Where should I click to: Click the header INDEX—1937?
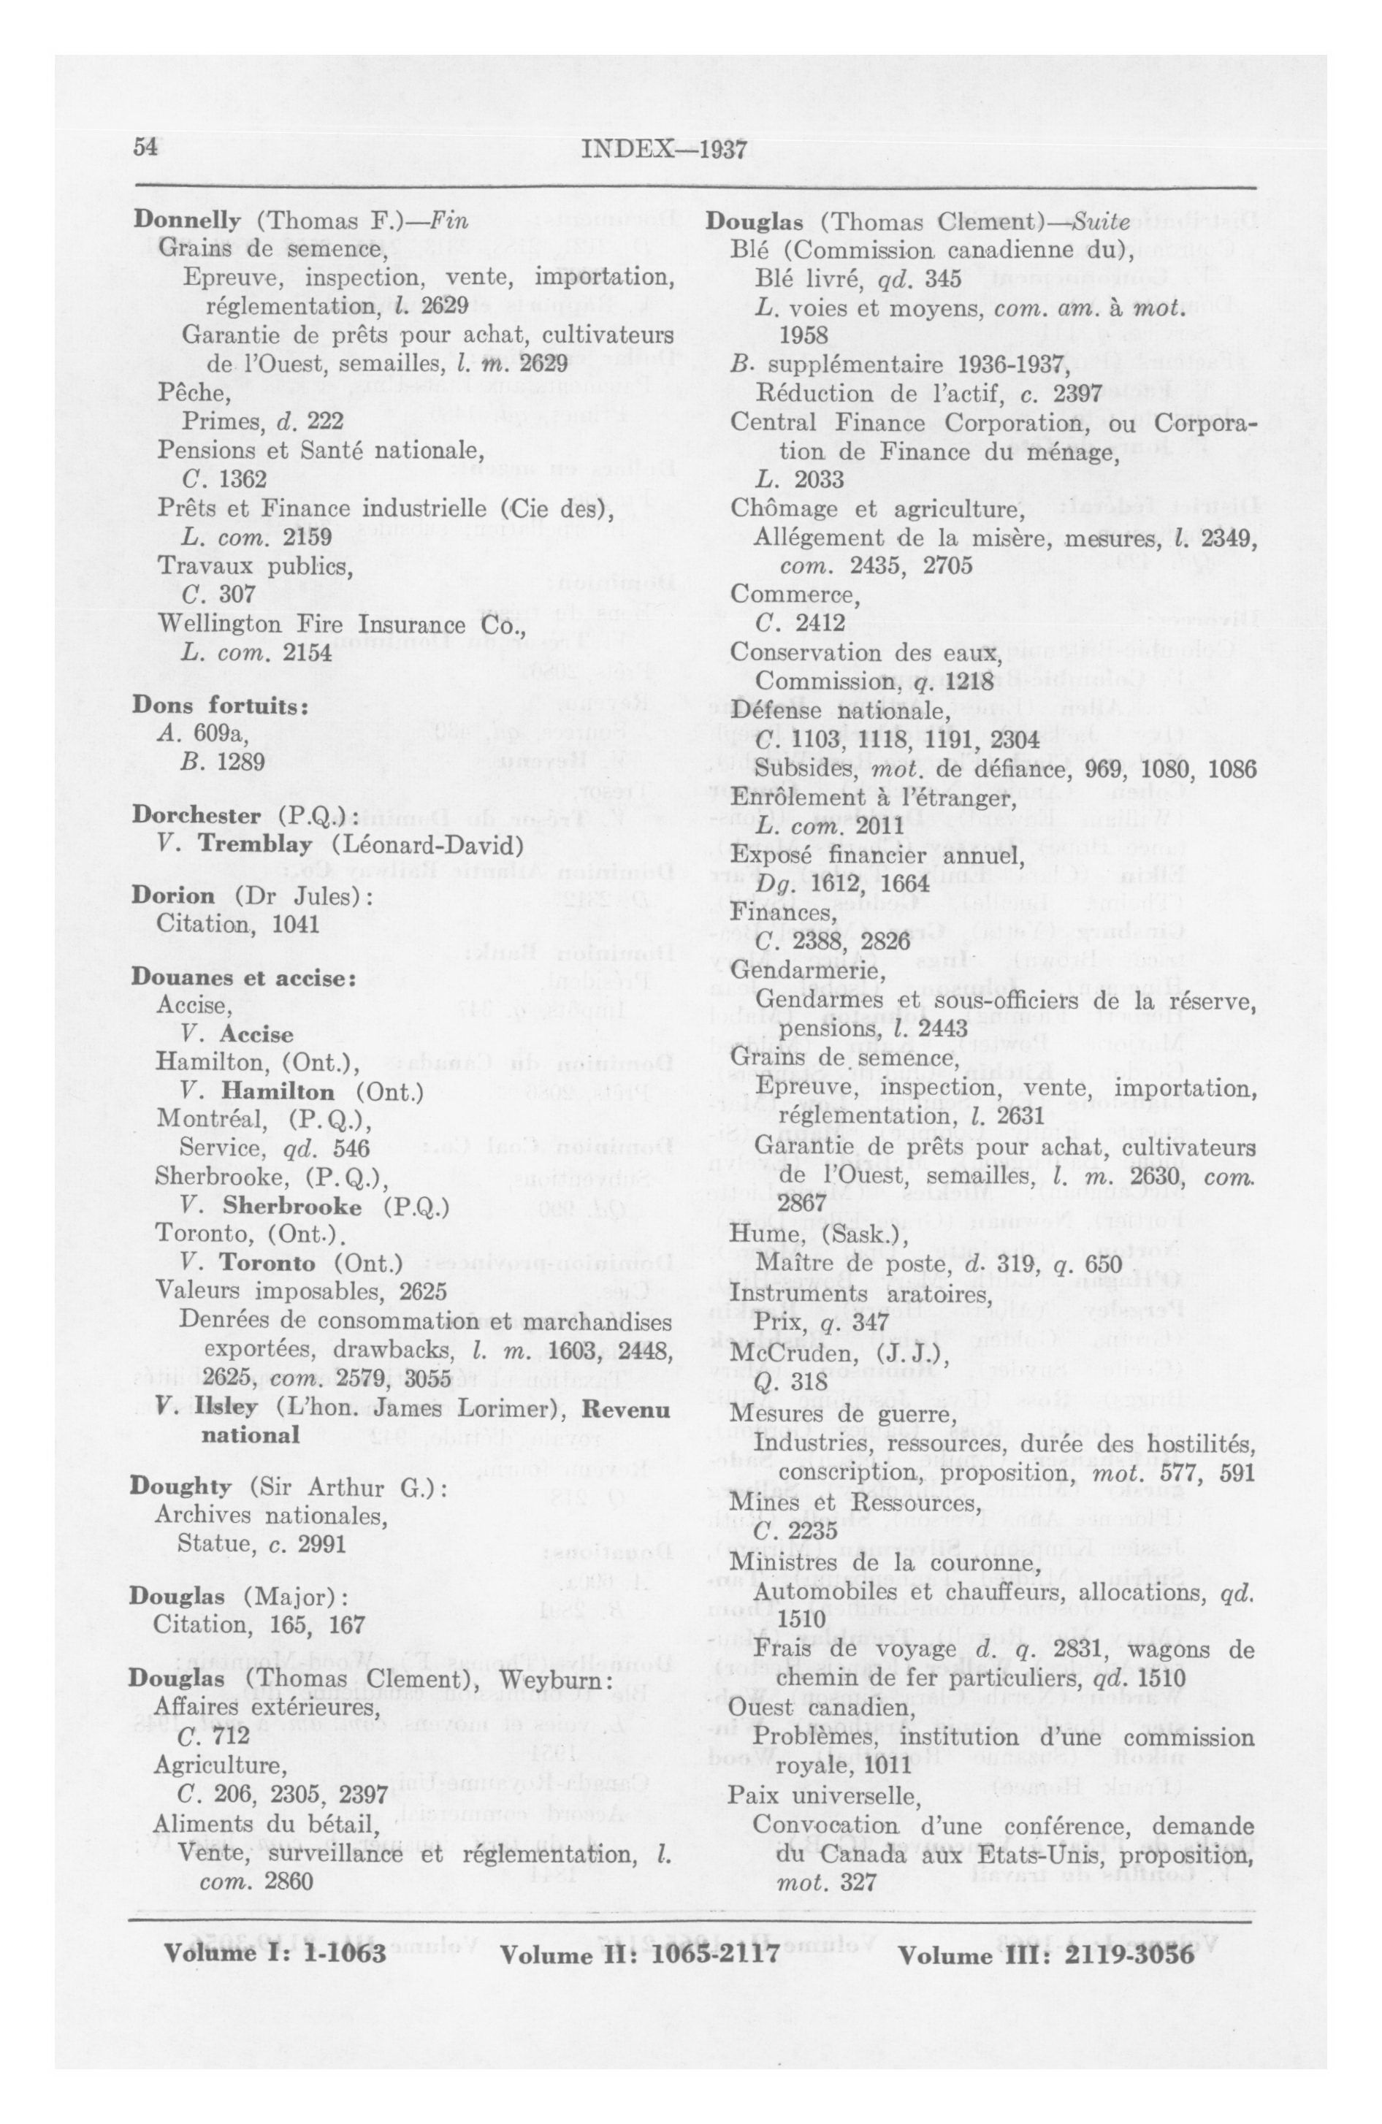click(x=663, y=149)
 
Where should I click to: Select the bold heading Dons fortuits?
click(x=220, y=704)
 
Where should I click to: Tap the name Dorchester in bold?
click(x=196, y=815)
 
